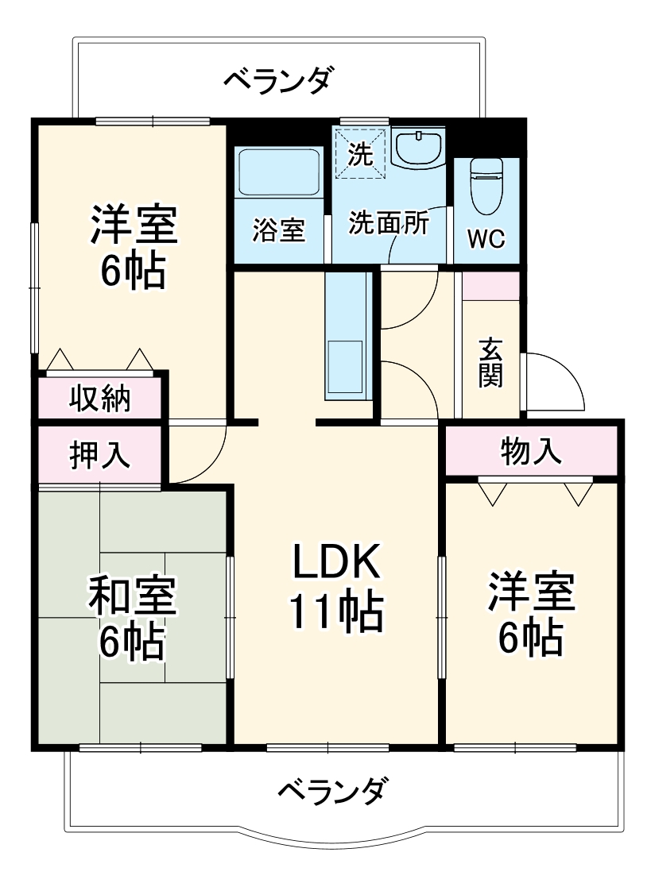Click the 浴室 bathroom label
(x=279, y=230)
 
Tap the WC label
(x=485, y=239)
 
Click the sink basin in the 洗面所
(x=418, y=148)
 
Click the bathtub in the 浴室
(x=279, y=173)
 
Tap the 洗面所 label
(x=389, y=223)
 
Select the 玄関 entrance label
(x=490, y=363)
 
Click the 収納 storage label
(x=99, y=398)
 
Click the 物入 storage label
(x=531, y=451)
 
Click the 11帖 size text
(x=335, y=611)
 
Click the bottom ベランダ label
(x=334, y=790)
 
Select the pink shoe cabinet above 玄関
(x=490, y=286)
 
